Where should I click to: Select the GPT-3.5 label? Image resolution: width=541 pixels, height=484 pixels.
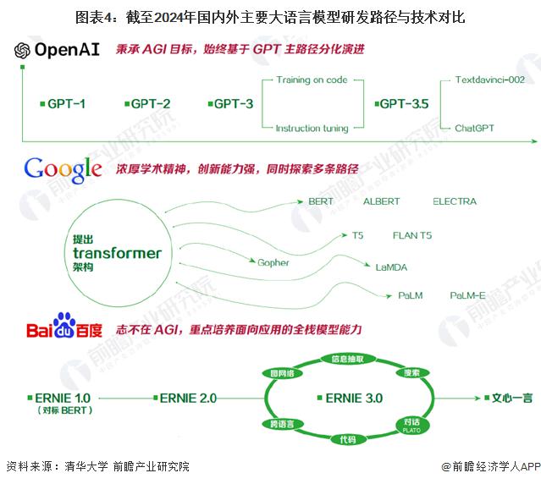pyautogui.click(x=402, y=104)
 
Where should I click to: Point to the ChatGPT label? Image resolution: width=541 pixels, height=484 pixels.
pyautogui.click(x=474, y=129)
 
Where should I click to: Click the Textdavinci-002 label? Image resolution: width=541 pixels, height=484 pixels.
pyautogui.click(x=489, y=80)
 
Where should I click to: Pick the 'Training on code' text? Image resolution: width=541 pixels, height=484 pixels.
pyautogui.click(x=312, y=80)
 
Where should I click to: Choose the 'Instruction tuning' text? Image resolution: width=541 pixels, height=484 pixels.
pyautogui.click(x=312, y=129)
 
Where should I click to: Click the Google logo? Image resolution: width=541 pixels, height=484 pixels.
pyautogui.click(x=63, y=169)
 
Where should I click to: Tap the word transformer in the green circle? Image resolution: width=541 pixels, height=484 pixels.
pyautogui.click(x=117, y=253)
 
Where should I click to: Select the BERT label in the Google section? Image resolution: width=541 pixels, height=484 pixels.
pyautogui.click(x=321, y=201)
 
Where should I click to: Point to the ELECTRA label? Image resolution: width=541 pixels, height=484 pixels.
pyautogui.click(x=455, y=201)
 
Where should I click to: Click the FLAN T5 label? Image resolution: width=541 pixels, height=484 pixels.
pyautogui.click(x=411, y=235)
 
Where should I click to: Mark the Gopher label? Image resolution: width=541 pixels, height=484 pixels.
pyautogui.click(x=273, y=262)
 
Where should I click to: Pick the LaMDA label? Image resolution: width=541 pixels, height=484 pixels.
pyautogui.click(x=391, y=267)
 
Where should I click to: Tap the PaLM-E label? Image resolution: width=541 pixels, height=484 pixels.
pyautogui.click(x=467, y=296)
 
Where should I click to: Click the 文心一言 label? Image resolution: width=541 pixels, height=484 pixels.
pyautogui.click(x=512, y=397)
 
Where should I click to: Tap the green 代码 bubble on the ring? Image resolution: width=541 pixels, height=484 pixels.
pyautogui.click(x=347, y=439)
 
